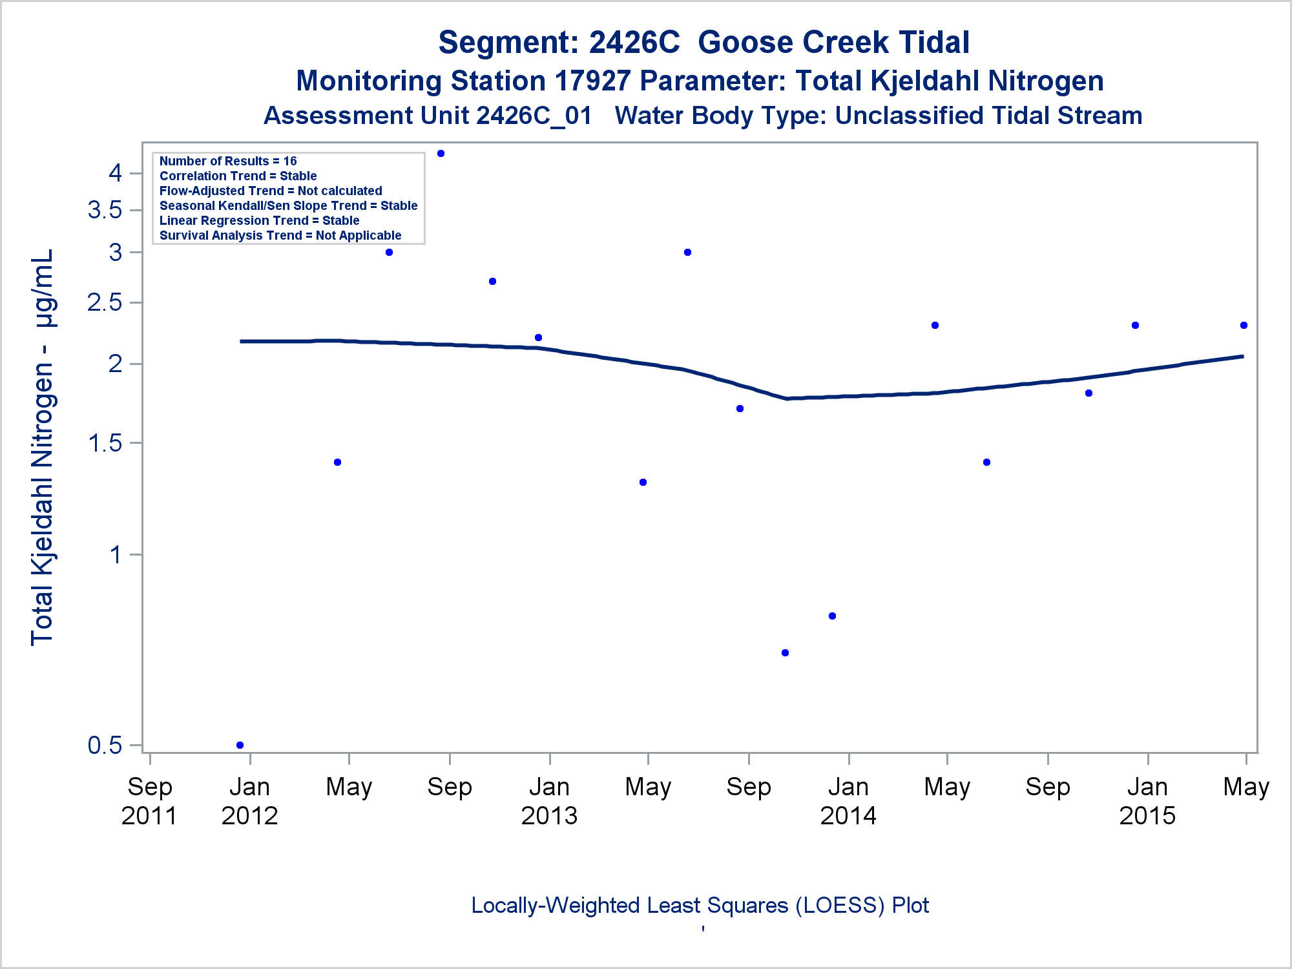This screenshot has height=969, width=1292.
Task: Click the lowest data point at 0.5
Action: [240, 745]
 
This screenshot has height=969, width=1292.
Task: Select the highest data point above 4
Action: [441, 153]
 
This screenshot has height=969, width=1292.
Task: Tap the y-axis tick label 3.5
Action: [105, 210]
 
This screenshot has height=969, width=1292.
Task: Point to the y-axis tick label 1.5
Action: [105, 443]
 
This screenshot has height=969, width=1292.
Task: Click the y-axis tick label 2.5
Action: [105, 302]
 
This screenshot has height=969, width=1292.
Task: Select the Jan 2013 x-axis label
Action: [549, 801]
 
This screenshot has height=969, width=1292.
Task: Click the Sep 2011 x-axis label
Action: [149, 801]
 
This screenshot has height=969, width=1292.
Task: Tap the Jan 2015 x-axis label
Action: [1147, 801]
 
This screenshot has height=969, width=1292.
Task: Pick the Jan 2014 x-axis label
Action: [848, 801]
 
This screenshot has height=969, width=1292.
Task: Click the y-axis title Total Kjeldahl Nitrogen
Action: [42, 447]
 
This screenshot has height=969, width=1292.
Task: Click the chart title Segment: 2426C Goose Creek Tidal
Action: [703, 43]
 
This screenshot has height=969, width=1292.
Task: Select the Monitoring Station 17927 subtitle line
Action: [700, 81]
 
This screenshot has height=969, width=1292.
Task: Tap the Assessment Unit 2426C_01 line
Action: [703, 116]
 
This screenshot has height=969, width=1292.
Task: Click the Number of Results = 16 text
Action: [228, 161]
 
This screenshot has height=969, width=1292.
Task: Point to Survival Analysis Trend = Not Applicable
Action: [280, 235]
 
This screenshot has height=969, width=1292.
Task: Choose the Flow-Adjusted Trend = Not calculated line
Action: [271, 191]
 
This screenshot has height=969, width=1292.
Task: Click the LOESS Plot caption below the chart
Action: [700, 905]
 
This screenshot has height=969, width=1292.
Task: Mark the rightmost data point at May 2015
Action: [1244, 325]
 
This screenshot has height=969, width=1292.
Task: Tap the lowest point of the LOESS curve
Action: [787, 399]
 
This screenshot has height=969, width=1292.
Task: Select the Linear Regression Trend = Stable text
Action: [259, 220]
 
